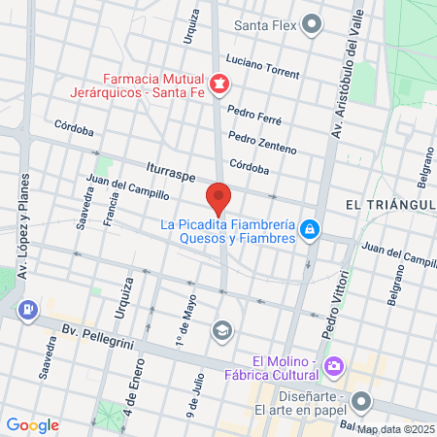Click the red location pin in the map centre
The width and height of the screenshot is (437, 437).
pos(218,197)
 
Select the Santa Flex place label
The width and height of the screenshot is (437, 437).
pos(265,24)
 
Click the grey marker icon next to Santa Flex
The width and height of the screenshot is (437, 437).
pos(312,24)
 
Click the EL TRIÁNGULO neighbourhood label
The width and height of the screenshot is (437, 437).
pos(388,205)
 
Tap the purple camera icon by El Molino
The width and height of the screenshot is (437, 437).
pos(333,366)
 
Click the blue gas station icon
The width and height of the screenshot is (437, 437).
pos(28,310)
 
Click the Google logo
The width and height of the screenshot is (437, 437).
pos(32,424)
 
